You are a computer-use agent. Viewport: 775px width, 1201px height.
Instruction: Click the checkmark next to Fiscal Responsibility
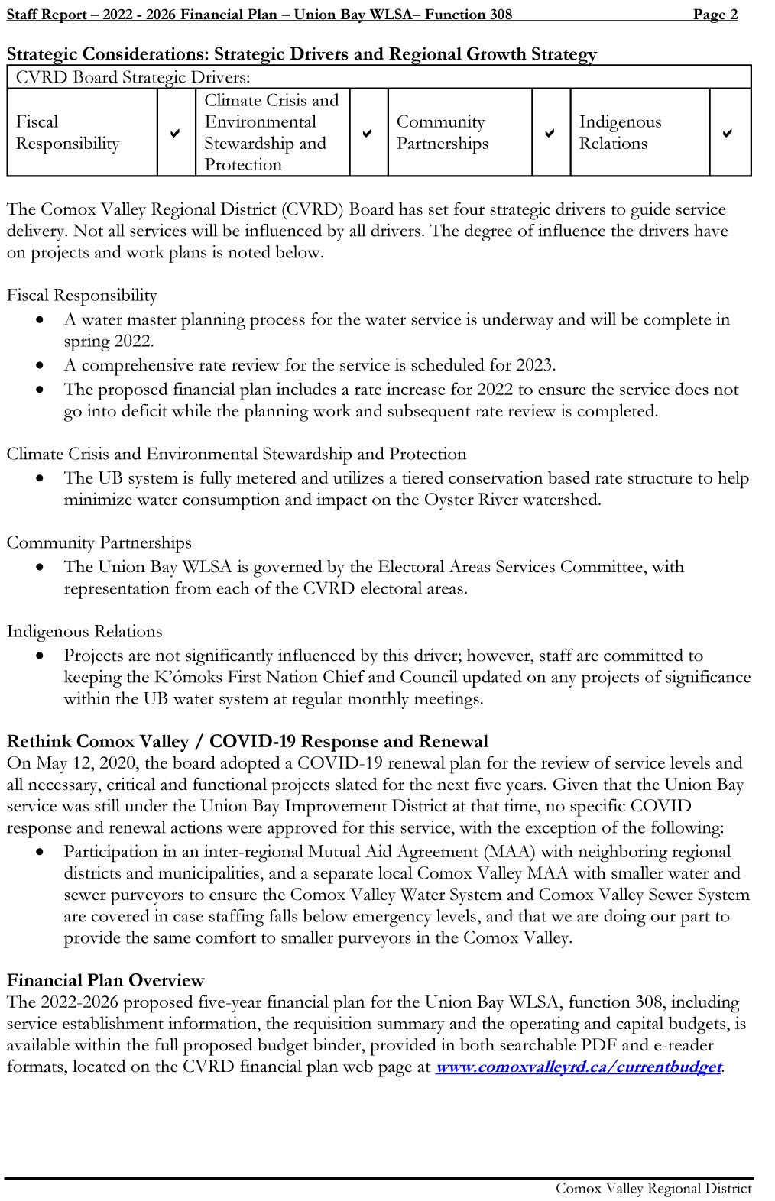(x=176, y=133)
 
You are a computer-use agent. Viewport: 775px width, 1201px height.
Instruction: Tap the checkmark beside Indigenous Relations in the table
(x=727, y=133)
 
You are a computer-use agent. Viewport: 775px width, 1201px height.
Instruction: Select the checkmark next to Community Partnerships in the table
(x=550, y=133)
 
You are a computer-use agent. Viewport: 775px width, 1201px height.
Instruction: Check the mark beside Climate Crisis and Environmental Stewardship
(x=368, y=133)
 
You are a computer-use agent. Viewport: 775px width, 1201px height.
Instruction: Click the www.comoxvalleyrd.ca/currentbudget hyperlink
(x=578, y=1067)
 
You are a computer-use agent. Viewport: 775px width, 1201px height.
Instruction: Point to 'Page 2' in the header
(x=715, y=14)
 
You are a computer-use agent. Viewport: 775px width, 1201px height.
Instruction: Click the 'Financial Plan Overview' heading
(x=105, y=980)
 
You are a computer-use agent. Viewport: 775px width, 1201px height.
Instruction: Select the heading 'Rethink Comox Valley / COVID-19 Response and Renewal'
(x=247, y=741)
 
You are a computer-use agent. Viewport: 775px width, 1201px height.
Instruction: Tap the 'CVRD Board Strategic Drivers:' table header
(x=133, y=77)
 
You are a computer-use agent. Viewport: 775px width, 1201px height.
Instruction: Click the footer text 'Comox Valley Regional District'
(x=653, y=1188)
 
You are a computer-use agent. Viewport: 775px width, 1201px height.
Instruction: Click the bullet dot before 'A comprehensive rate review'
(x=40, y=366)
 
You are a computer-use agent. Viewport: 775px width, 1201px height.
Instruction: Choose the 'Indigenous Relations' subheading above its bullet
(x=84, y=631)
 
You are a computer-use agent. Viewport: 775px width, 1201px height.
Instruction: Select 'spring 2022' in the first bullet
(x=108, y=341)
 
